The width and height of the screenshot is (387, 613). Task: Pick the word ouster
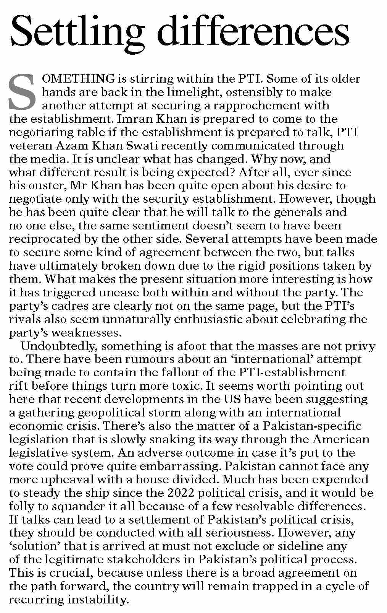[x=48, y=186]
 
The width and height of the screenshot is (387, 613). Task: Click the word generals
[x=293, y=212]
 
